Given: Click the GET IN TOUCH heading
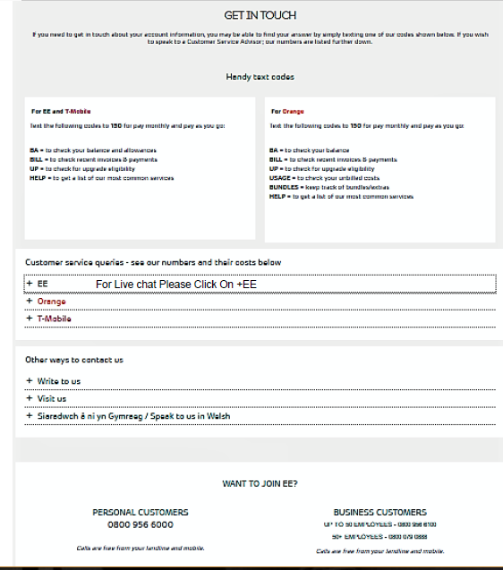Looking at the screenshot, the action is coord(260,15).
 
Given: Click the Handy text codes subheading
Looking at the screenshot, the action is coord(260,77).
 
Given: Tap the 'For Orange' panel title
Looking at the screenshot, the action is coord(288,112).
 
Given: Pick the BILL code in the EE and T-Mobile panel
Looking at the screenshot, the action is coord(37,159).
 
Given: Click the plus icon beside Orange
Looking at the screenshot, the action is coord(29,302).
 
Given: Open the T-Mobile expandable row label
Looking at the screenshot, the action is coord(54,319).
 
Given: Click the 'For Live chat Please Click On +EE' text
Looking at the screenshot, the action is coord(176,285).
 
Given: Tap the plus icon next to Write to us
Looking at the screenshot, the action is coord(29,381).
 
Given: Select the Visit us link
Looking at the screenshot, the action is coord(51,398).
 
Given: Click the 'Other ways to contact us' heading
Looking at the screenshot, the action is coord(74,360).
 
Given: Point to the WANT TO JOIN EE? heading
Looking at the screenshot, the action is coord(260,483).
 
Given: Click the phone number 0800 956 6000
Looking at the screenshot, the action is coord(140,524).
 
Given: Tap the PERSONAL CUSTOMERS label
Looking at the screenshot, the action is coord(141,512).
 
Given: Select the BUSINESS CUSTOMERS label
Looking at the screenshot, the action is coord(379,512).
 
